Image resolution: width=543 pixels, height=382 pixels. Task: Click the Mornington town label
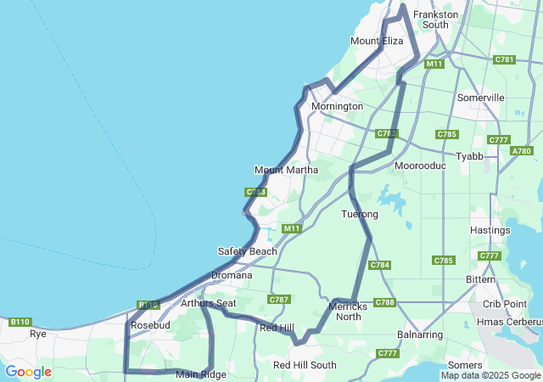(337, 106)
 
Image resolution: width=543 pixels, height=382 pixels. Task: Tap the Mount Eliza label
(377, 41)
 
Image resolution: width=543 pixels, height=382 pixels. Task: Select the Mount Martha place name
(286, 170)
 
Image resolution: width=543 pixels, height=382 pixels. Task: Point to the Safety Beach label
(247, 251)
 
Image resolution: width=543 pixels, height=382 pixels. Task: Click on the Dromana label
(232, 275)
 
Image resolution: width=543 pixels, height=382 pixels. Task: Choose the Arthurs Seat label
(208, 303)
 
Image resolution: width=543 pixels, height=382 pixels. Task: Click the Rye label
(38, 334)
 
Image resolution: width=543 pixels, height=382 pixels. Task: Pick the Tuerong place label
(359, 214)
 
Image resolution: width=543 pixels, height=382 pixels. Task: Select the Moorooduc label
(420, 166)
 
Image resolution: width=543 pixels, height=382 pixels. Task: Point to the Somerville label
(480, 98)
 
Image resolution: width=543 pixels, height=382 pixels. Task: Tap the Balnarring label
(419, 334)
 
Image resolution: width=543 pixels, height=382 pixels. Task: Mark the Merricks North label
(348, 311)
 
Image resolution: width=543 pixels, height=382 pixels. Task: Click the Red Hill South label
(305, 365)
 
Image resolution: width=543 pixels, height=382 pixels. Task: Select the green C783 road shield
(256, 193)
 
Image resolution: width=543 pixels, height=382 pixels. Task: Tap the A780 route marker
(522, 151)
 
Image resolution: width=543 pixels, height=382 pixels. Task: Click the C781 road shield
(504, 59)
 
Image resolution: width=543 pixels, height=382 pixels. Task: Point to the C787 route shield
(278, 300)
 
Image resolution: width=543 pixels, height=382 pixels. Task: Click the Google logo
(28, 372)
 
